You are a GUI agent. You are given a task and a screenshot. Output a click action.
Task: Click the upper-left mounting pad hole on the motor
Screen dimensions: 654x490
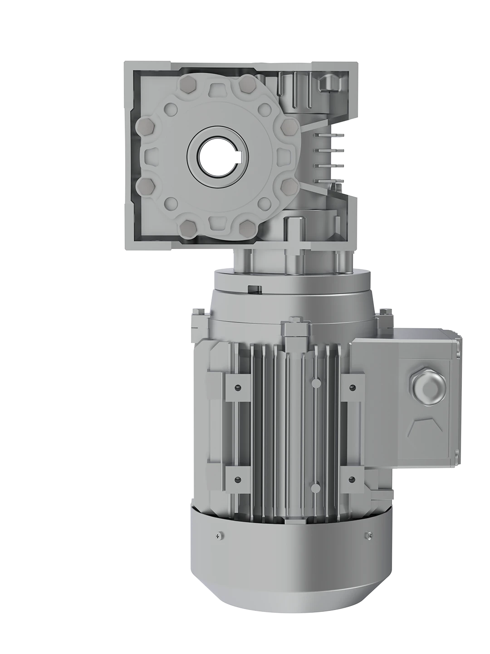(238, 387)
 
